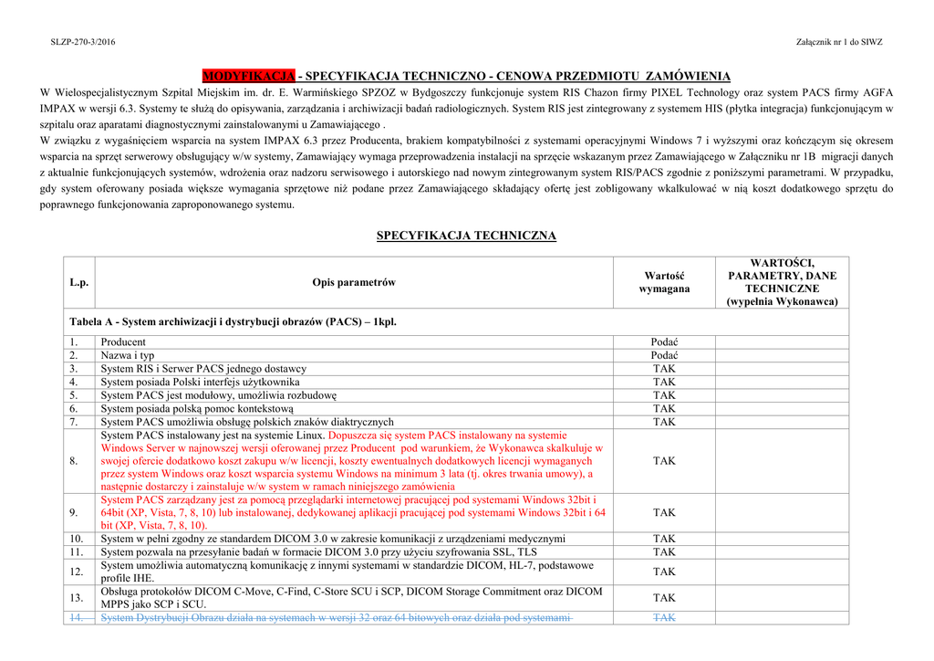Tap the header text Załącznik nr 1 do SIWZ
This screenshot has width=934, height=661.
[839, 42]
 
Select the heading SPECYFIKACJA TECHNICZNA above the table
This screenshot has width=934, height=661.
[466, 236]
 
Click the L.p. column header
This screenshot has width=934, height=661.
[79, 282]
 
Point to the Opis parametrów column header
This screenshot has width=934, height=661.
[354, 282]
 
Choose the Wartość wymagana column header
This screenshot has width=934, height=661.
[664, 282]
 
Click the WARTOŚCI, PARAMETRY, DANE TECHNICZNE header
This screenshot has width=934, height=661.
[782, 282]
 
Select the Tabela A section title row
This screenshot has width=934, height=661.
[233, 322]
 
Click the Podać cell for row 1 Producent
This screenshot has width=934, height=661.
[664, 342]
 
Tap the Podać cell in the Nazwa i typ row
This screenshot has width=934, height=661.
[664, 355]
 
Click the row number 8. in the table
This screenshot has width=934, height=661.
[75, 461]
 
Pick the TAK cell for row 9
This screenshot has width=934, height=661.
[664, 513]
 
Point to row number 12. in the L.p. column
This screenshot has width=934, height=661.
[78, 572]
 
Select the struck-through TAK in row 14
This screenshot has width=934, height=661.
[664, 618]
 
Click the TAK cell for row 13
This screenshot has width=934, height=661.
[664, 598]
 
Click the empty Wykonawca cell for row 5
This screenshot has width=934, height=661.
[782, 395]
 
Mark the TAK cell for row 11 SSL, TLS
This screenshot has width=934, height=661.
[664, 552]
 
